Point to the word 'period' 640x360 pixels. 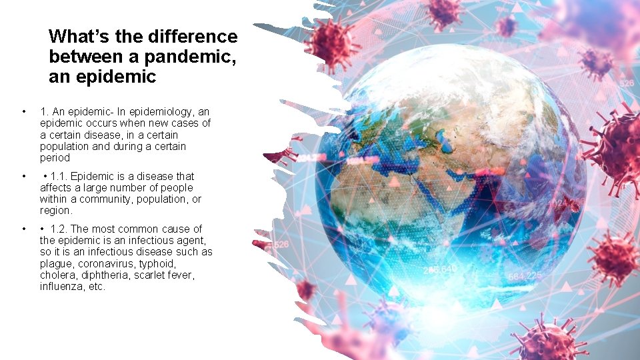click(x=55, y=158)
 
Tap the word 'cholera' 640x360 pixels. click(x=57, y=275)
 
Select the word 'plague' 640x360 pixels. click(x=56, y=263)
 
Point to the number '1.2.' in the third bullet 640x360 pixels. click(x=60, y=229)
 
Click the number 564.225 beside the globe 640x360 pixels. click(x=525, y=276)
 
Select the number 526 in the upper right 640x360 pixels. click(x=626, y=83)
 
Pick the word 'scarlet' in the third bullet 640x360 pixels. click(x=155, y=275)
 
